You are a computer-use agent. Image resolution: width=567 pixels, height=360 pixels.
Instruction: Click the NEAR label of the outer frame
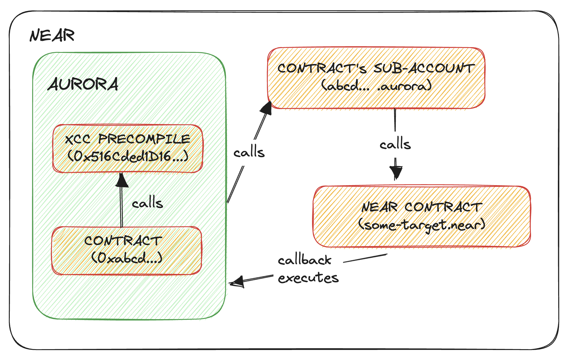[52, 35]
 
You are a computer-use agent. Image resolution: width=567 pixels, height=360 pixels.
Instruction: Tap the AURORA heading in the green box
[83, 84]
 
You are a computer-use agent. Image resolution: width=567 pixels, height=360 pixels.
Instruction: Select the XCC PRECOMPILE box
[128, 149]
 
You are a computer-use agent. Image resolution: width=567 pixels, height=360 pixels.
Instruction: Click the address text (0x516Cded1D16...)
[128, 156]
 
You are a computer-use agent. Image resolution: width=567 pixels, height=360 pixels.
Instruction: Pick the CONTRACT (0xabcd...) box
[126, 251]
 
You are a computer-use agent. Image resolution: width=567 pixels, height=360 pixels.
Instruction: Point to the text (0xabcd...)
[127, 258]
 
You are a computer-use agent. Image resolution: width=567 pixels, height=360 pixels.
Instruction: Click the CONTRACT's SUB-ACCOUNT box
[376, 78]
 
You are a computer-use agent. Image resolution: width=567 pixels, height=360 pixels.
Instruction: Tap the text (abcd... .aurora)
[376, 85]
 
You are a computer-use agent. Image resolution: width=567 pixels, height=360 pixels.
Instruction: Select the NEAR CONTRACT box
[422, 216]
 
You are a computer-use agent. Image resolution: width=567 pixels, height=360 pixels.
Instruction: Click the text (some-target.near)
[422, 225]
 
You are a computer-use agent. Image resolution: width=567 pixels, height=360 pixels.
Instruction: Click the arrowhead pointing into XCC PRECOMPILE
[122, 180]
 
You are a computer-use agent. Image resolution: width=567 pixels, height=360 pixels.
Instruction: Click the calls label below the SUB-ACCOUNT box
[395, 144]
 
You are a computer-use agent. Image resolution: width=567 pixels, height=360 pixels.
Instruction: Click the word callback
[305, 260]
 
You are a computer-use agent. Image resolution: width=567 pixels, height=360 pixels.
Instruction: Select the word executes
[308, 277]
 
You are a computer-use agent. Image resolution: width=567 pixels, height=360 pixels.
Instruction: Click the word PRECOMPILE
[144, 139]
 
